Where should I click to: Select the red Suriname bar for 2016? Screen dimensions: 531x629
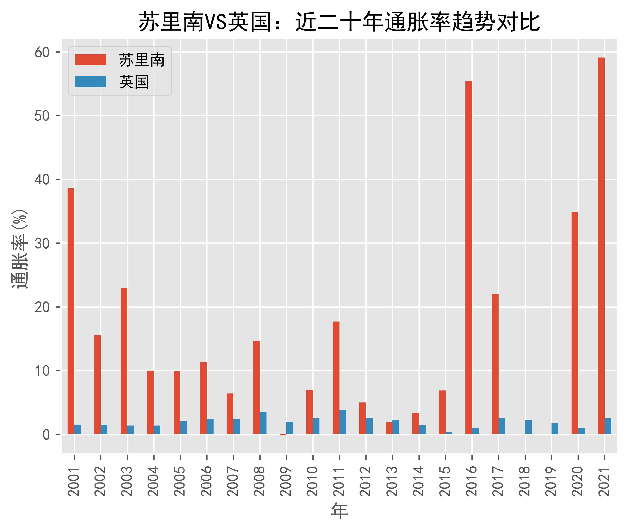click(x=468, y=258)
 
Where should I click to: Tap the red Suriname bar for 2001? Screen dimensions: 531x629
click(x=71, y=311)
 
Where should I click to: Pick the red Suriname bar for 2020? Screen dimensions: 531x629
click(x=574, y=323)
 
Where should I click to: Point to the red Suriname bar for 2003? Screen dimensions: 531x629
click(x=124, y=361)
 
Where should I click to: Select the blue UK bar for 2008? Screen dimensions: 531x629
click(x=263, y=423)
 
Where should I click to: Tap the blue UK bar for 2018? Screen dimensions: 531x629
click(x=528, y=427)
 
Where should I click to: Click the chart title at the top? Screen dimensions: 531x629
click(x=339, y=22)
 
